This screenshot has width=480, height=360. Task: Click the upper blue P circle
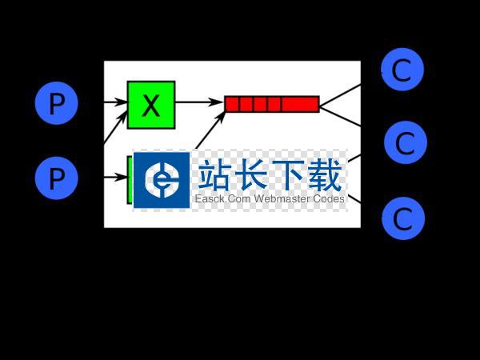(x=57, y=103)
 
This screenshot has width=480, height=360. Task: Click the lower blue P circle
(x=57, y=178)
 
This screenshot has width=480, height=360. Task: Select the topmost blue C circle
(x=402, y=70)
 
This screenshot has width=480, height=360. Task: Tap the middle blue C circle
(x=405, y=143)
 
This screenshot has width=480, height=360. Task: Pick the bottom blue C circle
(x=402, y=218)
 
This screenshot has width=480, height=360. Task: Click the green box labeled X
(x=150, y=104)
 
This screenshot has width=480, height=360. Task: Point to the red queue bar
(x=272, y=104)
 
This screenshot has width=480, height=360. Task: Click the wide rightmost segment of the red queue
(x=300, y=104)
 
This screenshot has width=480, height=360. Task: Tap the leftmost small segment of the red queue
(x=233, y=104)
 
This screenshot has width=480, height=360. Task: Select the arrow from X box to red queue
(x=198, y=102)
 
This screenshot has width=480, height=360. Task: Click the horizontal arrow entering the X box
(x=115, y=102)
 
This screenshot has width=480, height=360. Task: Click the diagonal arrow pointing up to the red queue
(x=210, y=128)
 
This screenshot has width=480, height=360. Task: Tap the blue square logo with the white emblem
(x=162, y=180)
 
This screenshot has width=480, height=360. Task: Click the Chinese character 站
(x=215, y=174)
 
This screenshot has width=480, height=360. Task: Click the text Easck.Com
(x=222, y=199)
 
